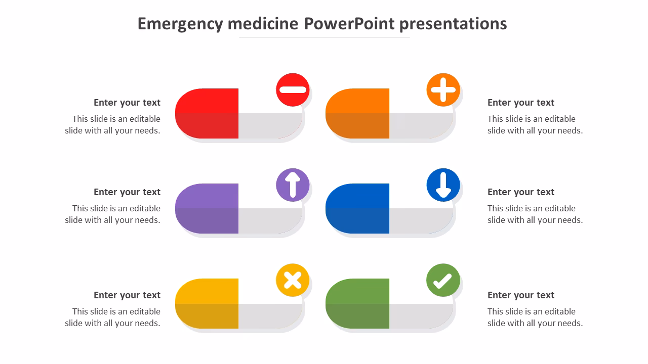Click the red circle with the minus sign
(x=293, y=90)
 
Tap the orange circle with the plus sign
(x=443, y=90)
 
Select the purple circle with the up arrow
(x=293, y=185)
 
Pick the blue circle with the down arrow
(x=443, y=185)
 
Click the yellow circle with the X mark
(x=293, y=280)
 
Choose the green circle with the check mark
(x=443, y=280)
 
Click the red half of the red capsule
(x=208, y=114)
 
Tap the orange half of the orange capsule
(x=358, y=114)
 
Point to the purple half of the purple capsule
(x=208, y=208)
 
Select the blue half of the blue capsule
(x=358, y=208)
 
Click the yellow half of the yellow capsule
(x=208, y=303)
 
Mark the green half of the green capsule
(x=358, y=303)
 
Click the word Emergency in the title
(x=180, y=24)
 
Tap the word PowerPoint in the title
(x=349, y=24)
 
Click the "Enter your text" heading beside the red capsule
(x=127, y=103)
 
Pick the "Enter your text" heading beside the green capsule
(x=521, y=295)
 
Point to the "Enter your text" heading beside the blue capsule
(x=521, y=192)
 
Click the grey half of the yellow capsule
(x=270, y=316)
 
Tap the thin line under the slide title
(x=325, y=37)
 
